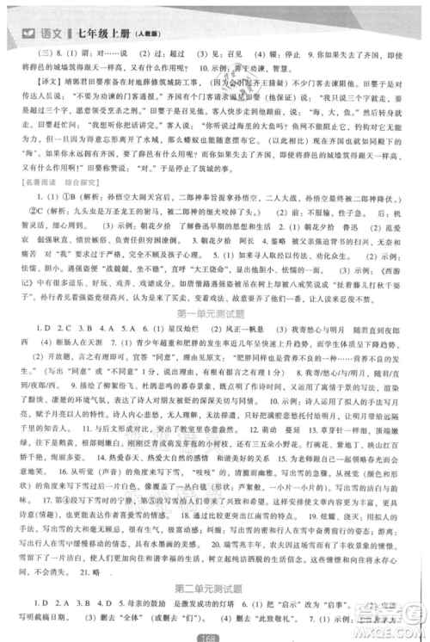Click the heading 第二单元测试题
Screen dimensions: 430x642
coord(214,587)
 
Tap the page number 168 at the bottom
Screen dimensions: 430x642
coord(215,636)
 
